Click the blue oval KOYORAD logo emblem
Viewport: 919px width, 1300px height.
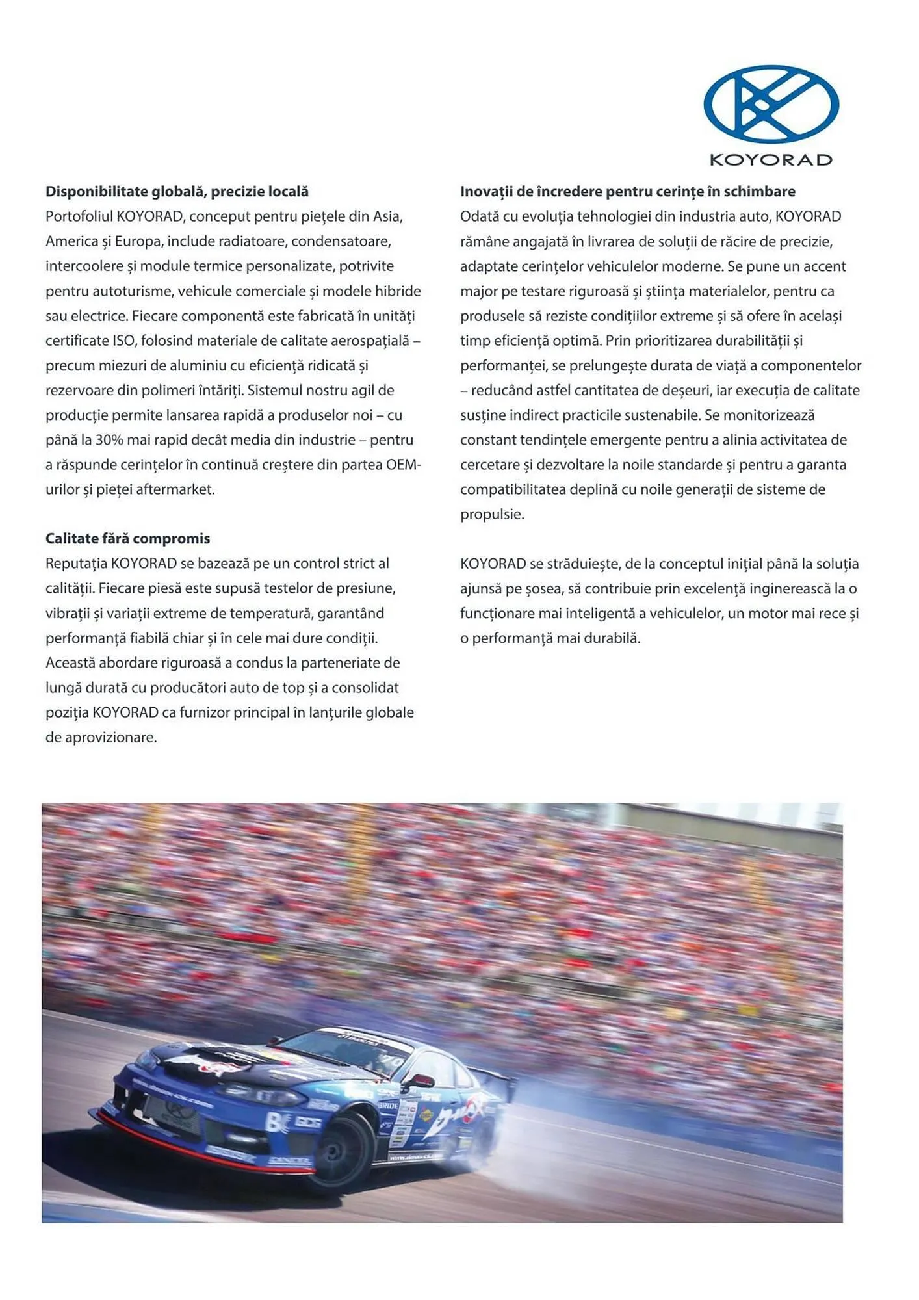[771, 104]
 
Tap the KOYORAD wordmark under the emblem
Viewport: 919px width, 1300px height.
[771, 160]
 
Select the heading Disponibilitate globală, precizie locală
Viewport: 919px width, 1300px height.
[177, 192]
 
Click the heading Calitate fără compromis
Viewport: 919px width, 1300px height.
[128, 539]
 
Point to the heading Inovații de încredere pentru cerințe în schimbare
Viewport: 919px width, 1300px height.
[627, 192]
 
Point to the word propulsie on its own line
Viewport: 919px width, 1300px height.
[492, 515]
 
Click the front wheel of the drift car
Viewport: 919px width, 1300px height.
[344, 1149]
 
